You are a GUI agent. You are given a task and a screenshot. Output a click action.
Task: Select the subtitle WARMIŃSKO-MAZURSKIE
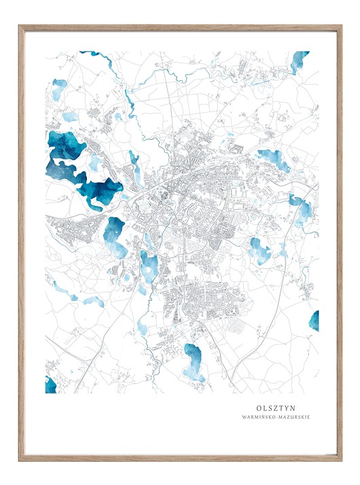(x=275, y=417)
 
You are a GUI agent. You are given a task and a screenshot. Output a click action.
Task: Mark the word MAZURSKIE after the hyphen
(x=292, y=417)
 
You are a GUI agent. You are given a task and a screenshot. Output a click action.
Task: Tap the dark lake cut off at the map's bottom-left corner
(x=50, y=384)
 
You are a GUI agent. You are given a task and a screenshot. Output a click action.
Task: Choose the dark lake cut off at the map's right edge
(x=314, y=321)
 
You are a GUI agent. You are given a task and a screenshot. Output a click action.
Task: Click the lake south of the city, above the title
(x=194, y=362)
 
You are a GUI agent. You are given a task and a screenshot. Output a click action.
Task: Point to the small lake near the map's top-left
(x=60, y=89)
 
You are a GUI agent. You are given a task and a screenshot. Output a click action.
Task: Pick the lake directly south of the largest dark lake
(x=114, y=236)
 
